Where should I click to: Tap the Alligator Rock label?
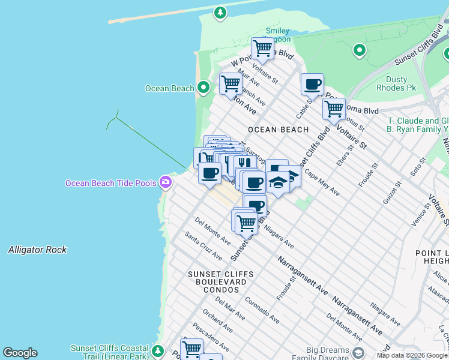[38, 250]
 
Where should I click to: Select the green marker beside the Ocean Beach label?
[203, 88]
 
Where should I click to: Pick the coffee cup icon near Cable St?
[312, 85]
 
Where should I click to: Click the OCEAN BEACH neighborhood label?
[278, 130]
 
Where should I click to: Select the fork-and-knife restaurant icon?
[243, 163]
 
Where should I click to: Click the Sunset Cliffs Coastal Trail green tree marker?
[158, 350]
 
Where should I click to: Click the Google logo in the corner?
[20, 353]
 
